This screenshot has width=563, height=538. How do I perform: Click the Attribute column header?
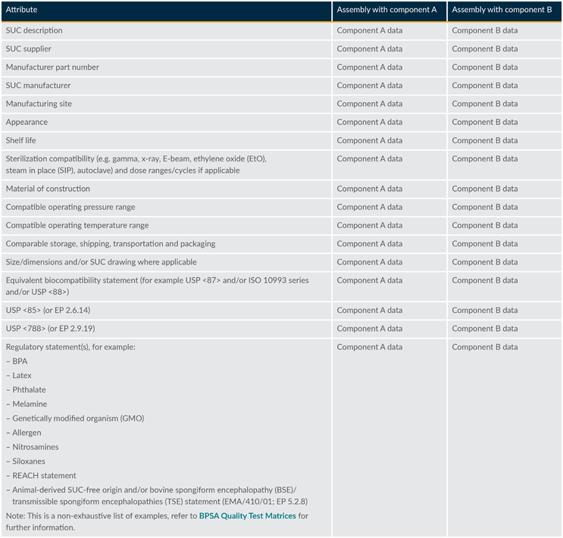[x=21, y=10]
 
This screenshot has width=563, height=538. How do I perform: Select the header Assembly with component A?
[x=386, y=10]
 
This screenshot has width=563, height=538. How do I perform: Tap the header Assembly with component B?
[x=502, y=10]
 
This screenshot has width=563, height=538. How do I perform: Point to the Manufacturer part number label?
[x=52, y=67]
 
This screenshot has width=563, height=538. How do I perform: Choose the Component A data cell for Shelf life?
[x=370, y=141]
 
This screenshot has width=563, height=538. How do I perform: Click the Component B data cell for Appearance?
[x=485, y=122]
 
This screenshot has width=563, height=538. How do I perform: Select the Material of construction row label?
[x=48, y=189]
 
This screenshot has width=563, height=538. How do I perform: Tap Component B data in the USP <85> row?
[x=485, y=311]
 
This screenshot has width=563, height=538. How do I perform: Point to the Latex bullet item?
[x=22, y=376]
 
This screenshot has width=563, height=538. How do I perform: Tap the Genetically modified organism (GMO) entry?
[x=78, y=418]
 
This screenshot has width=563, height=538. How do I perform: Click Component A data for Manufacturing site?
[x=370, y=104]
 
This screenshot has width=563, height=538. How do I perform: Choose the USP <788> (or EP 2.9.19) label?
[x=50, y=329]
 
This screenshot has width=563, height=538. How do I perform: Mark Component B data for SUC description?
[x=485, y=31]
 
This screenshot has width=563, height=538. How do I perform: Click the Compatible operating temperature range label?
[x=77, y=226]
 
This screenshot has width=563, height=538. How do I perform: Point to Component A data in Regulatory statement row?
[x=370, y=347]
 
